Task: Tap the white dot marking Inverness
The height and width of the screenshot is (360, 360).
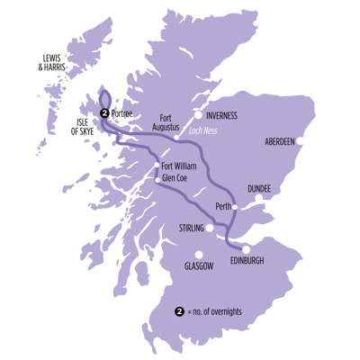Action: click(x=199, y=114)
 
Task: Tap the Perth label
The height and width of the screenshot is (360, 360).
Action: click(x=223, y=206)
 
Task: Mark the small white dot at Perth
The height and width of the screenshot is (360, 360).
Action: click(x=235, y=207)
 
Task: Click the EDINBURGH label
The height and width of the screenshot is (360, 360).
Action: click(x=249, y=259)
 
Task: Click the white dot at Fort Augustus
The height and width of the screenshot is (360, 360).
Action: click(x=176, y=138)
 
